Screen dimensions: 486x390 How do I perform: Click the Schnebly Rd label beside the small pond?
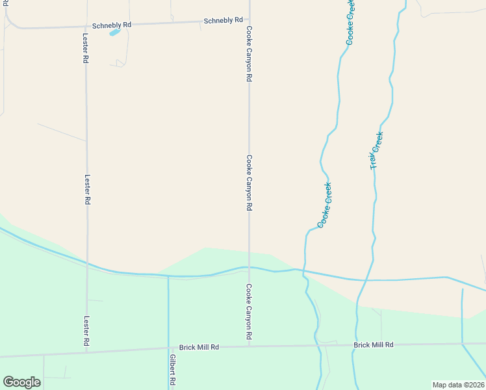[x=112, y=25]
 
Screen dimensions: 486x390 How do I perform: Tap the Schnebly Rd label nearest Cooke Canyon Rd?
[x=223, y=21]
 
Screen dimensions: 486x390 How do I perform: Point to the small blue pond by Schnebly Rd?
[x=115, y=32]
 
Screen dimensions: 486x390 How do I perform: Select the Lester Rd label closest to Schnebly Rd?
[x=86, y=48]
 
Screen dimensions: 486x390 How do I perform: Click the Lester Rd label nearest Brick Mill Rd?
[x=86, y=331]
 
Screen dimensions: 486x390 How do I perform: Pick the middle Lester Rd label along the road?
[x=86, y=189]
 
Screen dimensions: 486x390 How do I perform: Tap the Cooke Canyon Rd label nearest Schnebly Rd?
[x=249, y=53]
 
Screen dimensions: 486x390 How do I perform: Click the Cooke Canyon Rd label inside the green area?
[x=249, y=312]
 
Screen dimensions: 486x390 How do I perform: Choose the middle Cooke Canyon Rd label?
[x=249, y=183]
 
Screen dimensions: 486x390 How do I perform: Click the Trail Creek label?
[x=377, y=151]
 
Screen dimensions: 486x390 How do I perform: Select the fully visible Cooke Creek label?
[x=326, y=205]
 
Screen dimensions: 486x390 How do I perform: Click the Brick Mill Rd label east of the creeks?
[x=374, y=344]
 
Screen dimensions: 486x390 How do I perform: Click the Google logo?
[x=21, y=382]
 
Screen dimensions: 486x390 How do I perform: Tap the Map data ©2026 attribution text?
[x=459, y=384]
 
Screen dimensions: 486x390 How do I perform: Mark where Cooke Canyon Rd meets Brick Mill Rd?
[x=249, y=346]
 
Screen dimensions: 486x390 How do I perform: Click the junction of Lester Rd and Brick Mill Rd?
[x=86, y=351]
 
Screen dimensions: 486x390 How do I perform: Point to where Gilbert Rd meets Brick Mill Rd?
[x=168, y=349]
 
